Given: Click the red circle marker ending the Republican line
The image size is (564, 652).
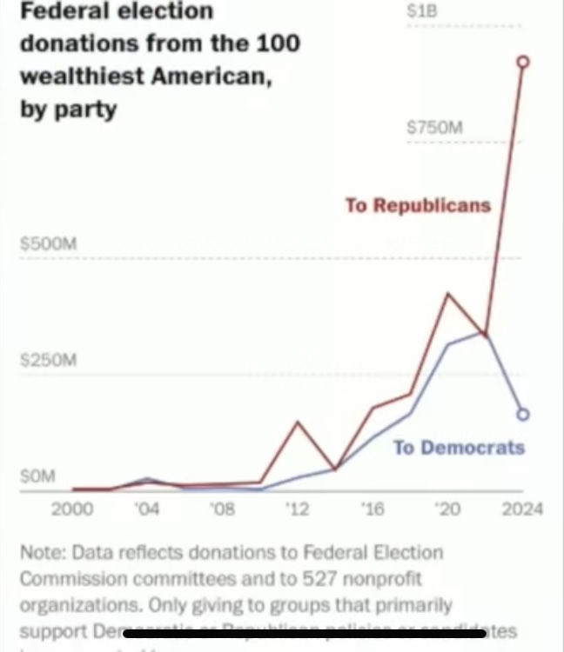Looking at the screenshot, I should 522,62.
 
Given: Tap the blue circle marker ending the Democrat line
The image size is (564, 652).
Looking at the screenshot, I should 522,414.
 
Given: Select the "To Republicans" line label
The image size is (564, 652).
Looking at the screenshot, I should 418,206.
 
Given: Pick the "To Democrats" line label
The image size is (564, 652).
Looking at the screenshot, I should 459,448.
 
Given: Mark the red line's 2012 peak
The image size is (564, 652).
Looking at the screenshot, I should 298,422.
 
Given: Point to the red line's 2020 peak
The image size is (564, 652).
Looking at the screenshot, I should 447,294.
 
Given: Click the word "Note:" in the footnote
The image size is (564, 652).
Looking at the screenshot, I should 44,553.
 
